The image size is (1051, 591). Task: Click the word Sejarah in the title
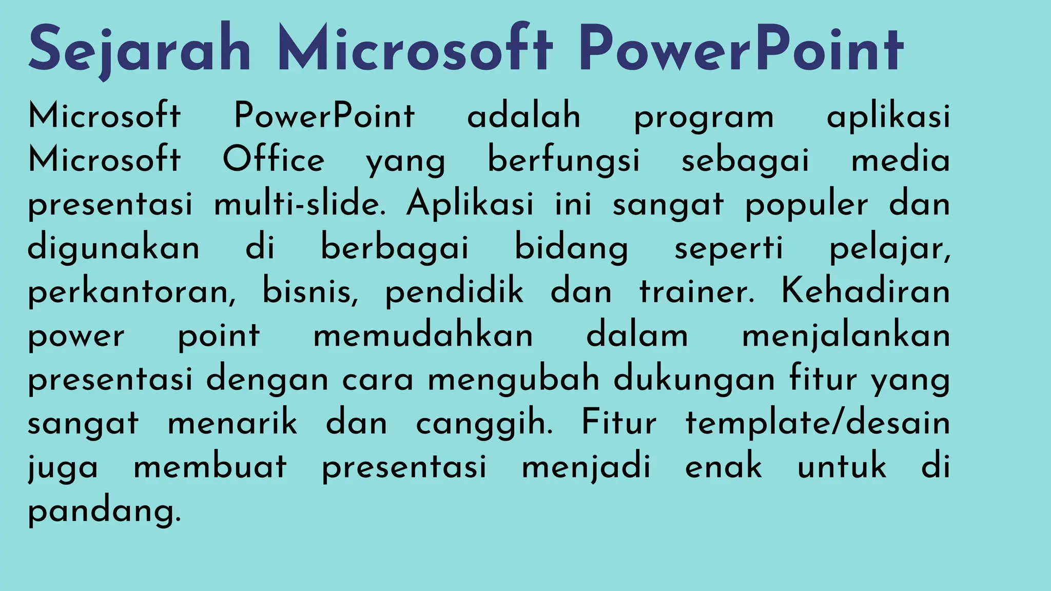(140, 50)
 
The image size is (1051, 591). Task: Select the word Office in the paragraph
(274, 160)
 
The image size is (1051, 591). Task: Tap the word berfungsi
(563, 160)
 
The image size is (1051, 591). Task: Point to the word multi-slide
(300, 204)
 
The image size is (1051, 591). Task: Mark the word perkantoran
(131, 292)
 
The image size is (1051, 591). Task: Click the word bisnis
(310, 291)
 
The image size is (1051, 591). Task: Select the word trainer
(697, 291)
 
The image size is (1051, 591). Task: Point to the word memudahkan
(423, 336)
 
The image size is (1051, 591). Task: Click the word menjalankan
(846, 337)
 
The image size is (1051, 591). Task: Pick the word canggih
(484, 424)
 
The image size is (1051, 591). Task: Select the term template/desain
(818, 424)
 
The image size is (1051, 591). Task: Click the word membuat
(210, 467)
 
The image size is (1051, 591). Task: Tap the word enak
(724, 467)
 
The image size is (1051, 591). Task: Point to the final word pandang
(104, 511)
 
